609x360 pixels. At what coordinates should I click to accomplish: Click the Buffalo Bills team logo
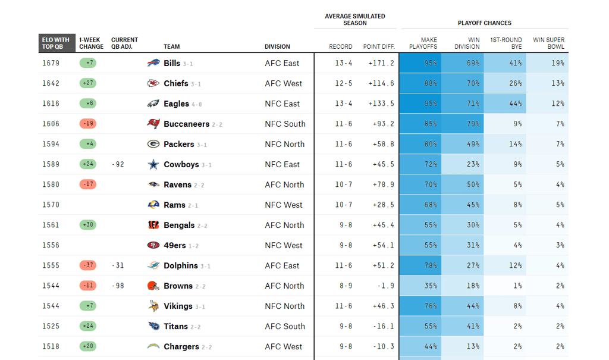[153, 63]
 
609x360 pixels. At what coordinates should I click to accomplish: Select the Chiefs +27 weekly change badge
[87, 83]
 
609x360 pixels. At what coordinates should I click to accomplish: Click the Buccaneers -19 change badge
[87, 124]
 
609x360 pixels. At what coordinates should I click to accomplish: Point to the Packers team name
[178, 144]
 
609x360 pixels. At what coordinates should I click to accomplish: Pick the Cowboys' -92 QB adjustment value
[118, 164]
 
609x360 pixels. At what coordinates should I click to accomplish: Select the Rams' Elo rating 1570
[51, 205]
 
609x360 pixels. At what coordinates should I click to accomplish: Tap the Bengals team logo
[153, 225]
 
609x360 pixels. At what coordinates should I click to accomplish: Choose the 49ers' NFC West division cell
[284, 245]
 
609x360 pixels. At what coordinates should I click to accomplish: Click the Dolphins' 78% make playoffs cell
[420, 265]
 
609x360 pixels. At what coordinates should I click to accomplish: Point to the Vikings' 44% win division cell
[463, 306]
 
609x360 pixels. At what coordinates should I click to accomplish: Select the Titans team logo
[153, 326]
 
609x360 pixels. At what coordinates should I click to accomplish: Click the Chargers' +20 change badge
[87, 346]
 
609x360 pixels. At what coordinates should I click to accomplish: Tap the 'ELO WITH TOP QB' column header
[55, 43]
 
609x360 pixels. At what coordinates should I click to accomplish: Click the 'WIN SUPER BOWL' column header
[548, 43]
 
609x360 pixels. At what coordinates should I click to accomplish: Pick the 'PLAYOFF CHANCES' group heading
[484, 23]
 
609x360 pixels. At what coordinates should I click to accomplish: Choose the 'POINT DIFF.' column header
[379, 46]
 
